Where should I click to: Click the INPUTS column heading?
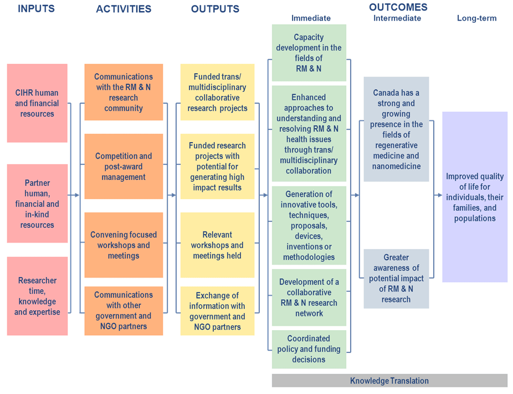click(x=37, y=9)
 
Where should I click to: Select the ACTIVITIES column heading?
click(x=124, y=9)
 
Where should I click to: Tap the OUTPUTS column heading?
click(x=215, y=9)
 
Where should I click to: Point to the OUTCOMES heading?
click(x=398, y=7)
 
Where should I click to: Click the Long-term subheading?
click(x=476, y=18)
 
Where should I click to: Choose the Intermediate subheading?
click(x=397, y=18)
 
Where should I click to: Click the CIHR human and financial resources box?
click(x=37, y=103)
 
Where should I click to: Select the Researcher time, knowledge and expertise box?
click(x=37, y=296)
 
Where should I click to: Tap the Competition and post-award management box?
click(x=124, y=166)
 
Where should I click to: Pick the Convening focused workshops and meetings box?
click(x=124, y=245)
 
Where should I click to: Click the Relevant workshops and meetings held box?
click(x=217, y=245)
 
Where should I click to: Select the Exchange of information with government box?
click(x=217, y=311)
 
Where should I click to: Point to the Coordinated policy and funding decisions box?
click(x=309, y=349)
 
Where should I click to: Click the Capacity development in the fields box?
click(x=309, y=53)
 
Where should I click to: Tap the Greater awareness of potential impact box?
click(x=396, y=279)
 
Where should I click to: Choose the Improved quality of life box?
click(x=475, y=197)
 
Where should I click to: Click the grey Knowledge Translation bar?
click(x=389, y=381)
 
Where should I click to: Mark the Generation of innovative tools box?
click(x=309, y=225)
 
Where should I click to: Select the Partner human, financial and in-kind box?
click(x=37, y=204)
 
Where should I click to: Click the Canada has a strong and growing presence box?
click(x=396, y=129)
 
